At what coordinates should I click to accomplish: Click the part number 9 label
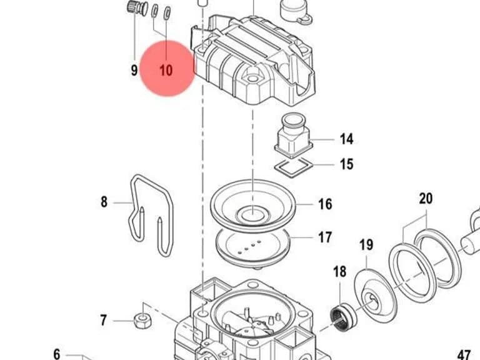click(x=134, y=71)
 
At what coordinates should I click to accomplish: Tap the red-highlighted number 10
click(x=166, y=71)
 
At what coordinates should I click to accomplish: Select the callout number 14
click(x=346, y=139)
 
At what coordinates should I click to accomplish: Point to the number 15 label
click(x=346, y=164)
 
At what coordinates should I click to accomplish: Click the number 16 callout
click(x=325, y=204)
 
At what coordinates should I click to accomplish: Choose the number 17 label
click(x=325, y=237)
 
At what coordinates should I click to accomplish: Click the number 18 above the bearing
click(x=340, y=271)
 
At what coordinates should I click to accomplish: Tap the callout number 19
click(x=366, y=245)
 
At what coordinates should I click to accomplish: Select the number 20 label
click(x=426, y=198)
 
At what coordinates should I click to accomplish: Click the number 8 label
click(x=104, y=202)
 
